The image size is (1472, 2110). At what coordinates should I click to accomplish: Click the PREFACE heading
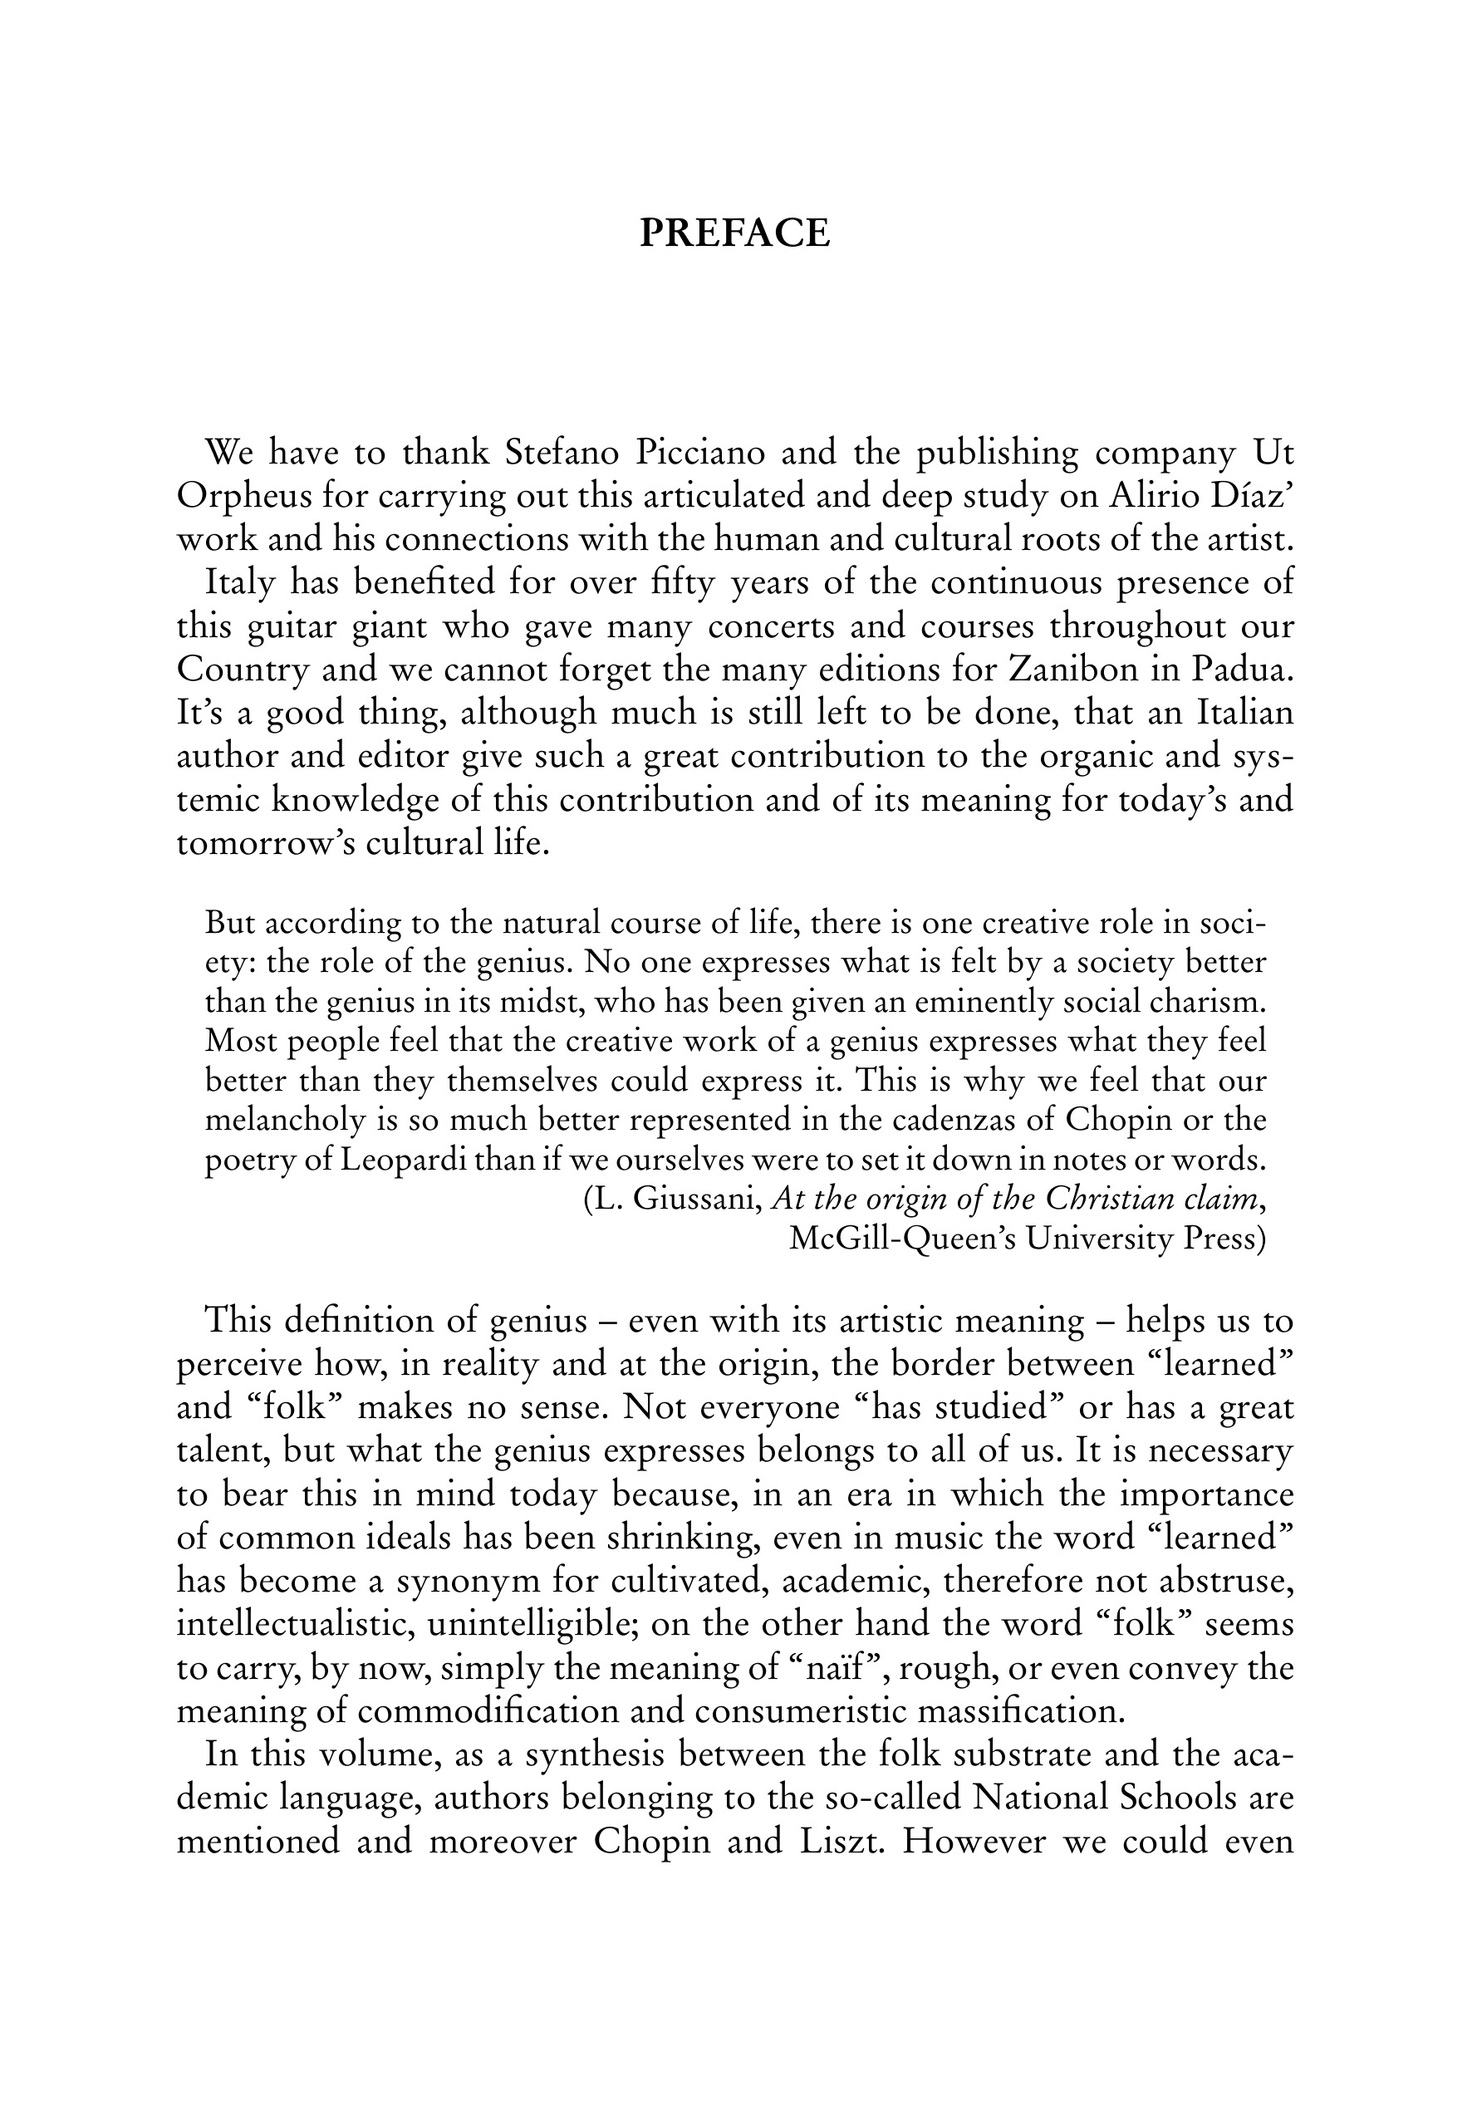(735, 233)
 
